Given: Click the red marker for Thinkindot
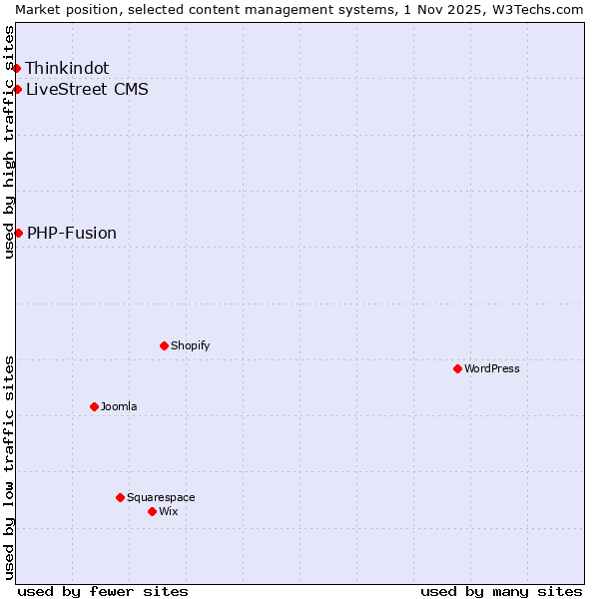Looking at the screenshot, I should (x=16, y=68).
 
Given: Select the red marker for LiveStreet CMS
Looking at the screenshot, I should (x=17, y=89).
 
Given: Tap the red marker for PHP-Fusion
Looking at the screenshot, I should (x=18, y=233).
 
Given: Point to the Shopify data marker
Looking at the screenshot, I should (x=164, y=345).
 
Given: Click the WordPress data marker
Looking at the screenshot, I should (x=457, y=368).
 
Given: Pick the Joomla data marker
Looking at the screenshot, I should (x=94, y=406).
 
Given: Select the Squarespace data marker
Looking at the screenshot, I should (x=120, y=497).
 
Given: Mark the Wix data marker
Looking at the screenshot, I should (x=152, y=511).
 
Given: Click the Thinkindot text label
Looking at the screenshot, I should (x=67, y=68).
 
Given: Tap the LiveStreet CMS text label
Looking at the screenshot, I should (x=87, y=89).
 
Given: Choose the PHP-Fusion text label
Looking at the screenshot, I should (x=72, y=233).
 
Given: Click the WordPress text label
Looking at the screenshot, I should (x=492, y=368).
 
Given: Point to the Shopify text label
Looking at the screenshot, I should (x=190, y=345).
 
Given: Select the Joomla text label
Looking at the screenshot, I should (x=119, y=406).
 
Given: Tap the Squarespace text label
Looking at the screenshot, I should (x=161, y=497).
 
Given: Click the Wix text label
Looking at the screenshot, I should (x=168, y=511).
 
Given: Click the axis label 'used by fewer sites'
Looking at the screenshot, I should (x=103, y=591).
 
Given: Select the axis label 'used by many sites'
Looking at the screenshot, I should (x=501, y=591).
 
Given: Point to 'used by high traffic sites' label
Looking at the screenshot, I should (x=9, y=142).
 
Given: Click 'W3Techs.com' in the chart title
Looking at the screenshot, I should (x=535, y=8).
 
